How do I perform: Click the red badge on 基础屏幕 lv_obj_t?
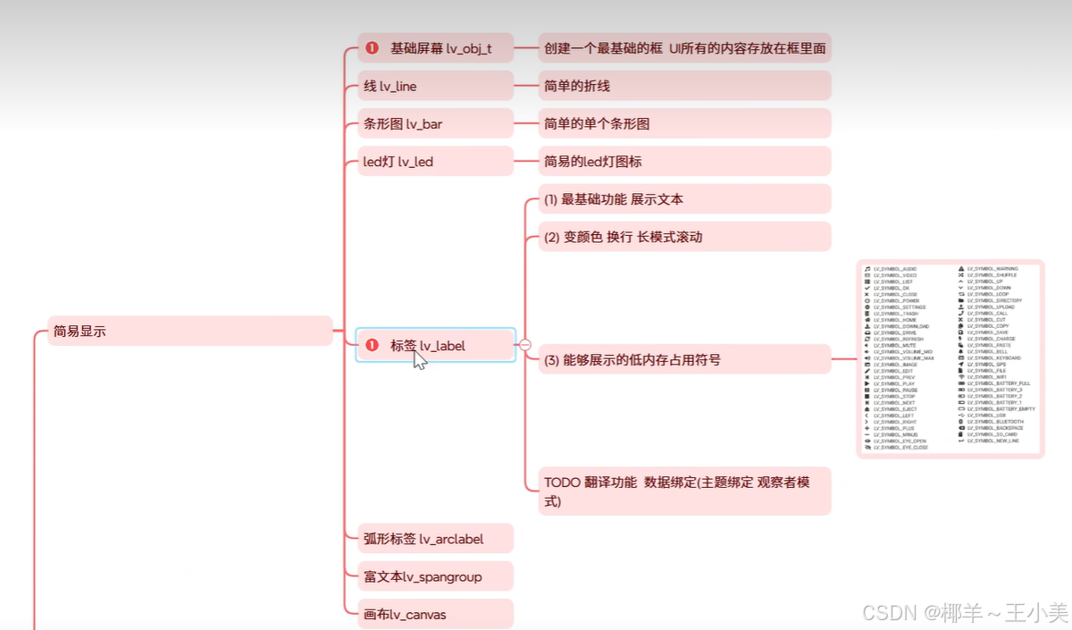click(x=373, y=48)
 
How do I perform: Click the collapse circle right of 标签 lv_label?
click(x=525, y=344)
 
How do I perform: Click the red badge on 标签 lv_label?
click(x=373, y=345)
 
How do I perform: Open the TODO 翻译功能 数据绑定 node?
click(x=683, y=491)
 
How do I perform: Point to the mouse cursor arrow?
click(x=419, y=360)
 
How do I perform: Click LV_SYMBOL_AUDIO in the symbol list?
click(x=895, y=268)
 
